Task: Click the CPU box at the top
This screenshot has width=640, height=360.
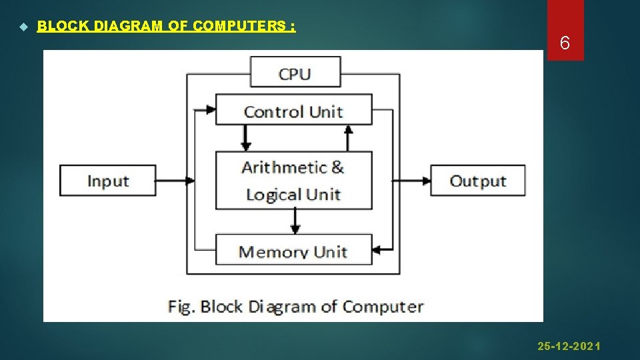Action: click(295, 72)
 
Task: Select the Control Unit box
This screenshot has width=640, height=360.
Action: click(293, 110)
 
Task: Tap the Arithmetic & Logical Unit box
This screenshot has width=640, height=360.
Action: click(293, 181)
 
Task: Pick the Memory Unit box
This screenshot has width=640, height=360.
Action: click(293, 250)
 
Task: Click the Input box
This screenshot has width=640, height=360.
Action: click(108, 181)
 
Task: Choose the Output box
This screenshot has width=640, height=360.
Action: click(477, 181)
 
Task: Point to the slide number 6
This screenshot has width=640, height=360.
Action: click(565, 44)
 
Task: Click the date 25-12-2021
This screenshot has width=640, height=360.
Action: click(569, 346)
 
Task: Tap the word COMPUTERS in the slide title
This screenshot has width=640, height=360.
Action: click(240, 26)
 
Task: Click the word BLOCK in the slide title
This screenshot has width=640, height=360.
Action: click(64, 26)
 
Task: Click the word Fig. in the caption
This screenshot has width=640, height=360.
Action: click(181, 307)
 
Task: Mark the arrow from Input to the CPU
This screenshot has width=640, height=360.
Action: click(173, 180)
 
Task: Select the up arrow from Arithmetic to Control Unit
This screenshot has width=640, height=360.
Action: click(347, 137)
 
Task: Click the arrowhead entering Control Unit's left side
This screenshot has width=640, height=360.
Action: click(210, 109)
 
